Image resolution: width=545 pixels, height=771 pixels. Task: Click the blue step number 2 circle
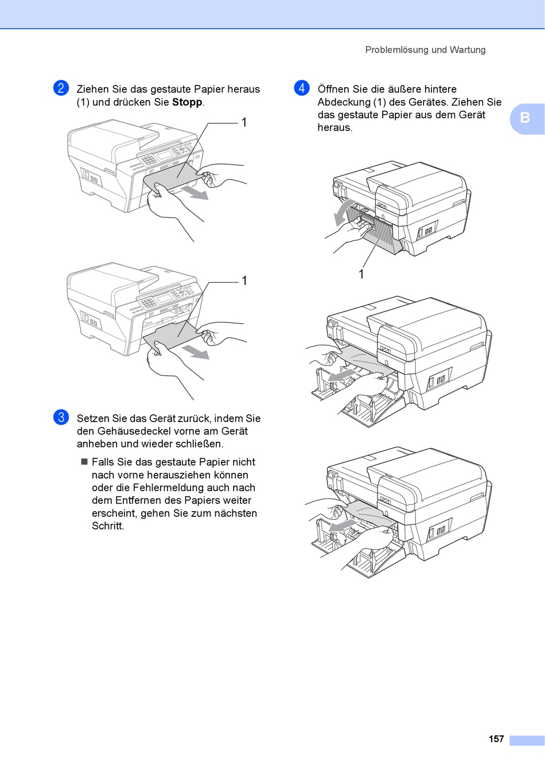61,88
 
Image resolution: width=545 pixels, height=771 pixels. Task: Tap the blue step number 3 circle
61,417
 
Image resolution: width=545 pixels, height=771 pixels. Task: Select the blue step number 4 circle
302,88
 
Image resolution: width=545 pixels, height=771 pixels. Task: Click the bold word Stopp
187,102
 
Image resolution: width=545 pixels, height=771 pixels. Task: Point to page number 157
496,739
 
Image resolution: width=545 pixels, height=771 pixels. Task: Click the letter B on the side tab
525,118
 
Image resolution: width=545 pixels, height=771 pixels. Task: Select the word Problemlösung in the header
397,50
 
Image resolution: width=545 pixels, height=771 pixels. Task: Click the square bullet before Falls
84,462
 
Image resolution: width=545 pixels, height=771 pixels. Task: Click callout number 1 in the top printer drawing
244,122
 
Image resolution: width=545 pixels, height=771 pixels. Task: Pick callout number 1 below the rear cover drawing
361,274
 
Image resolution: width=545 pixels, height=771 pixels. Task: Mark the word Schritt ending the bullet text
108,526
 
